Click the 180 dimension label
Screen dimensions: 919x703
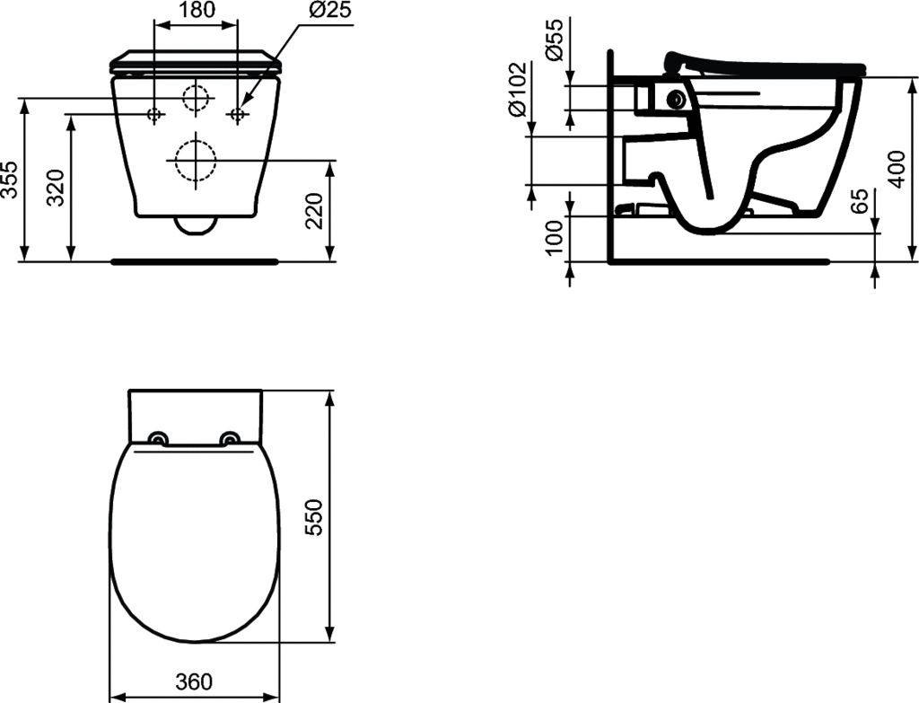(x=195, y=11)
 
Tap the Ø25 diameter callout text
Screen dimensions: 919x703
(x=331, y=11)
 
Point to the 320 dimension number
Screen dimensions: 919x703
(x=57, y=189)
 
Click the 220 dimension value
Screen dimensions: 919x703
(x=316, y=210)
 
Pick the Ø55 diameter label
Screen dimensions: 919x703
(x=554, y=40)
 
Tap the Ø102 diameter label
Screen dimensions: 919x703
(x=519, y=89)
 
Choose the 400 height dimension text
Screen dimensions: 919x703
(x=897, y=169)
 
